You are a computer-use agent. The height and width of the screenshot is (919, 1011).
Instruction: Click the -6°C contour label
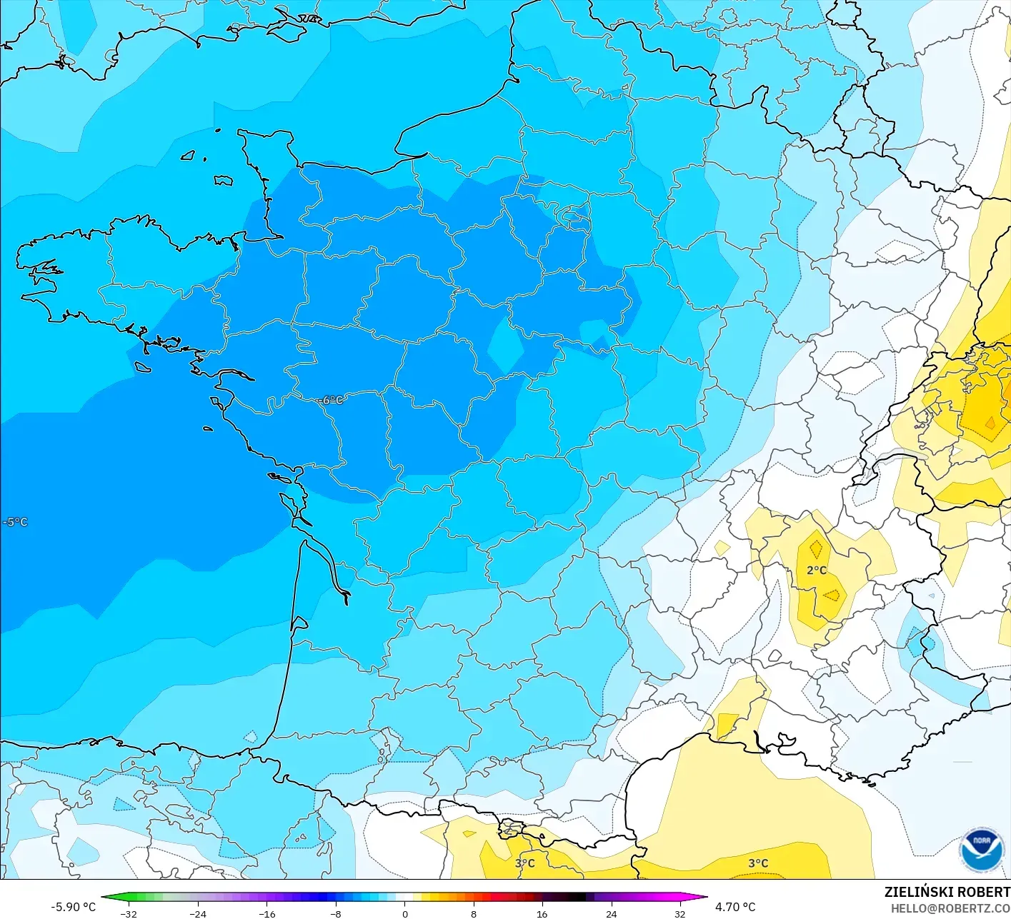[332, 400]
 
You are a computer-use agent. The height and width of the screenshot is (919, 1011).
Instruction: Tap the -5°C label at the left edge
[15, 522]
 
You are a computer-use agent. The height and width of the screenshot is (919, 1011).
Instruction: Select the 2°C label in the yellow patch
[817, 570]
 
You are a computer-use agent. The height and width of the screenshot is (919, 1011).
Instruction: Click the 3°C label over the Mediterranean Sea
[758, 863]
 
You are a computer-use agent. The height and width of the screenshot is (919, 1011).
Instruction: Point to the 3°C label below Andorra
[524, 863]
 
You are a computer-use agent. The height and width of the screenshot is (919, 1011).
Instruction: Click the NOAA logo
[982, 850]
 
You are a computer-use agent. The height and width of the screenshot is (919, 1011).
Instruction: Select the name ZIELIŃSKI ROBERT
[947, 892]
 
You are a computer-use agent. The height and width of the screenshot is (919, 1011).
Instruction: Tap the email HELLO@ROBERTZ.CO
[950, 908]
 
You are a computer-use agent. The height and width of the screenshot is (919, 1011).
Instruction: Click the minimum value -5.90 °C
[73, 907]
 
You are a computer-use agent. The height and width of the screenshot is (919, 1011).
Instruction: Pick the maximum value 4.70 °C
[735, 907]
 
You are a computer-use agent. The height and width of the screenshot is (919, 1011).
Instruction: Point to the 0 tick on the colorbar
[404, 913]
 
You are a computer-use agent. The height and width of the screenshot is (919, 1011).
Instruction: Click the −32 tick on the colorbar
[129, 913]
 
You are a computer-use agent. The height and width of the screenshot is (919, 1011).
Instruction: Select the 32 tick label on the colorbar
[679, 913]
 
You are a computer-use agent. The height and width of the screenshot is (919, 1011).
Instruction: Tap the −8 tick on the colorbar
[336, 913]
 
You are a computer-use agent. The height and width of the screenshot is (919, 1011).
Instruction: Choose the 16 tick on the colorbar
[542, 913]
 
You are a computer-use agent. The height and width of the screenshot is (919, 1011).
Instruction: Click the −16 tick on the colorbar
[267, 913]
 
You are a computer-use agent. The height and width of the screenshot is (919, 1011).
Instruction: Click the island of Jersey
[223, 181]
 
